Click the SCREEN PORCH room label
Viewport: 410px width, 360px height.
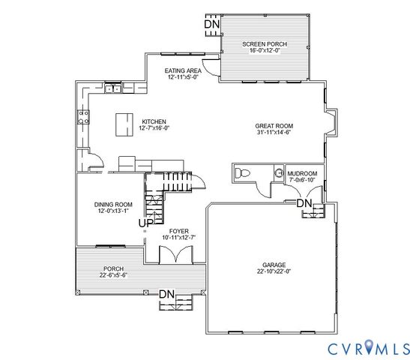click(x=264, y=44)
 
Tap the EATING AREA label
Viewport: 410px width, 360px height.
click(x=183, y=70)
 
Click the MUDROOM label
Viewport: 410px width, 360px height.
click(x=303, y=173)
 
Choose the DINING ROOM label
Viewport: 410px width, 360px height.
click(x=113, y=204)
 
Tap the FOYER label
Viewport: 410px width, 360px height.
click(x=178, y=231)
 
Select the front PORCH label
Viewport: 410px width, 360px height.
click(x=113, y=268)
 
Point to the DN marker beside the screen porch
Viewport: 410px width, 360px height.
click(x=213, y=24)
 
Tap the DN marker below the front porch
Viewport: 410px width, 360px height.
click(x=166, y=294)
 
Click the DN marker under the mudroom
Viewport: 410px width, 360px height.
click(x=304, y=203)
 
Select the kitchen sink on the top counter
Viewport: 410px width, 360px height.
click(x=113, y=89)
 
